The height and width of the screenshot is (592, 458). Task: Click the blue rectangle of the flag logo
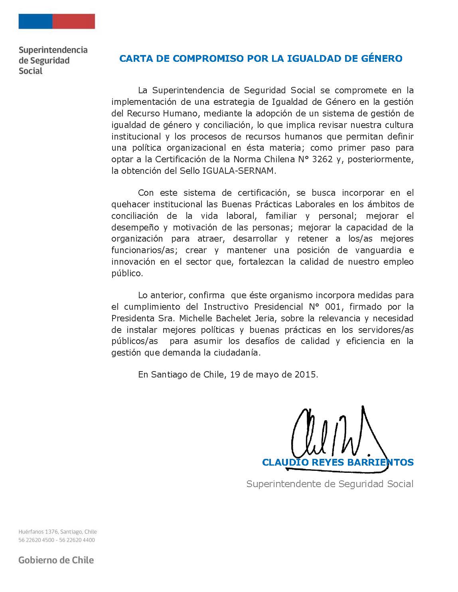(x=35, y=22)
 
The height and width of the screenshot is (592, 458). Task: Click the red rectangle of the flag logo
(x=74, y=22)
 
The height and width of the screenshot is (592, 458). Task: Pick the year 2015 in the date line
(x=306, y=375)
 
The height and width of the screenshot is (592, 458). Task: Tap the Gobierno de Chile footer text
(x=56, y=560)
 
